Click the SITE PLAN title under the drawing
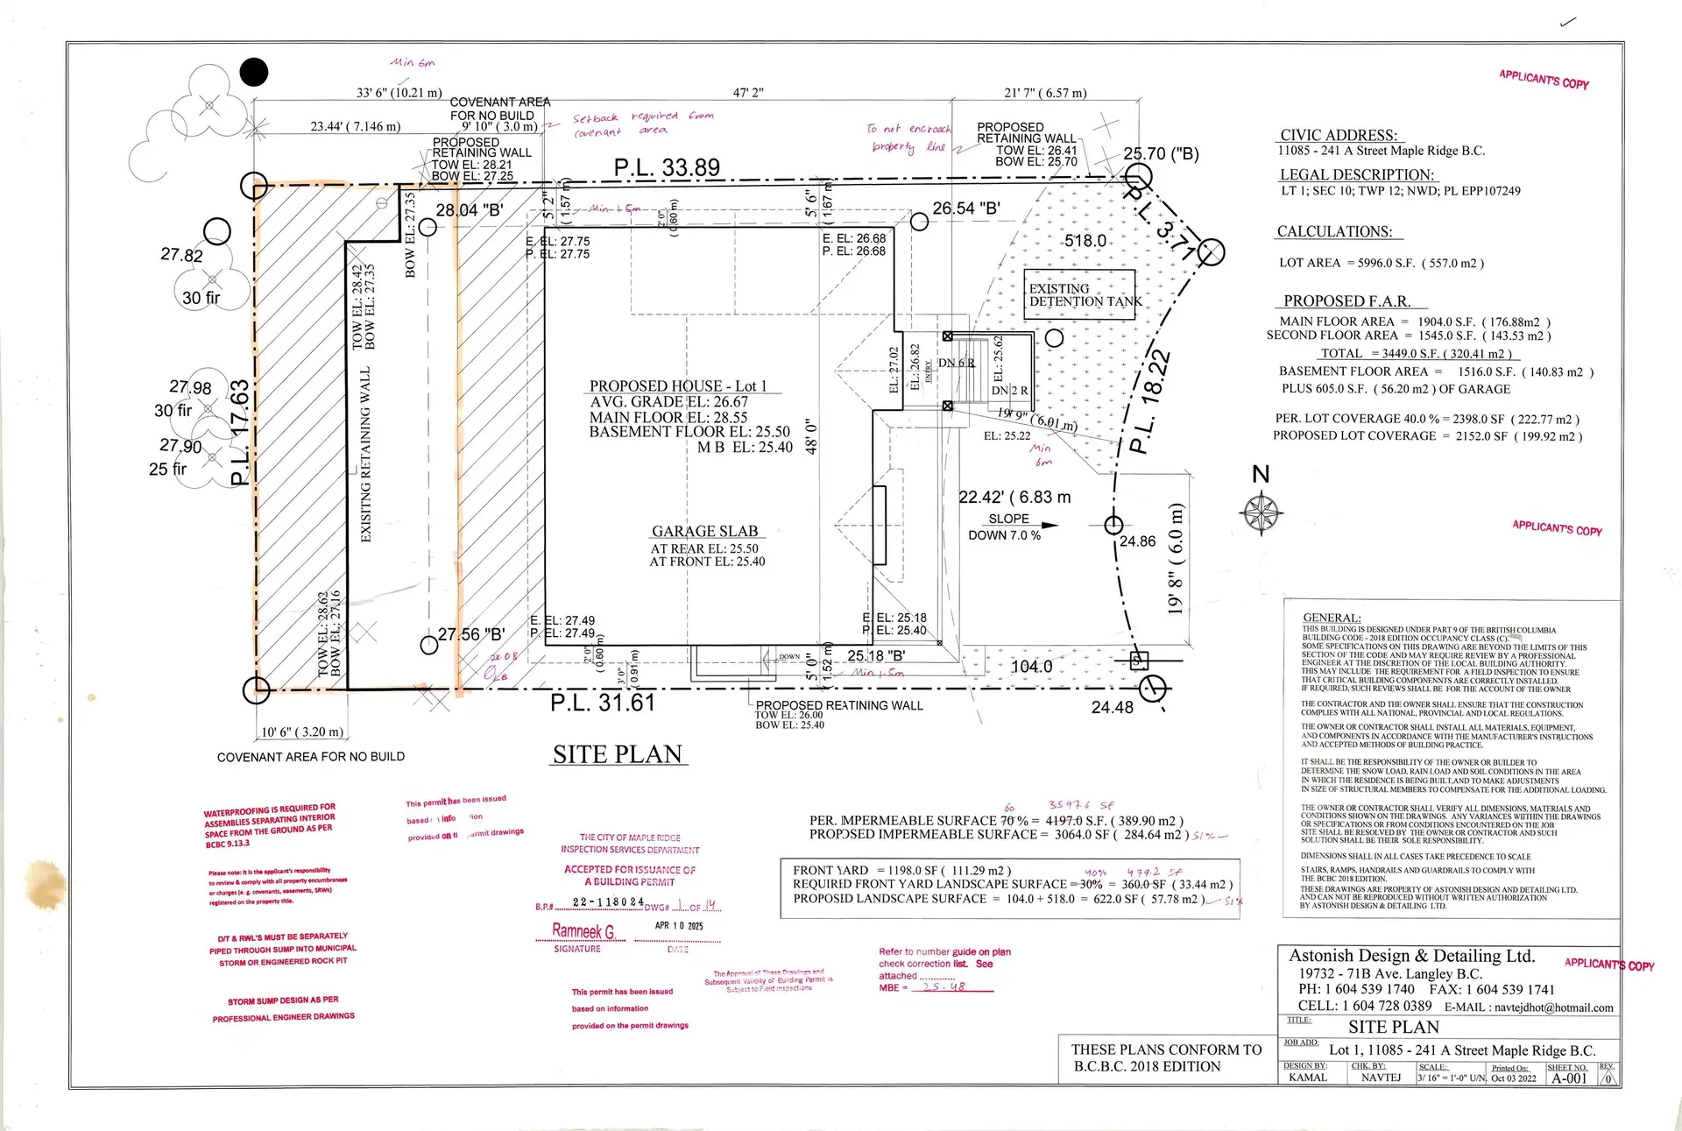click(618, 755)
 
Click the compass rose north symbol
click(1262, 511)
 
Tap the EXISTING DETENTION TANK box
click(1081, 294)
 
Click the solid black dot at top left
click(254, 72)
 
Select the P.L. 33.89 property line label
click(667, 167)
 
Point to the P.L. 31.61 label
click(603, 703)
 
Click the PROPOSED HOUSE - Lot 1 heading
click(678, 386)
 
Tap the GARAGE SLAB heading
click(704, 532)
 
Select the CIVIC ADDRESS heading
click(1339, 136)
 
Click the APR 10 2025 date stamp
click(679, 926)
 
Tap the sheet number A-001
click(1568, 1078)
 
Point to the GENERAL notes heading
click(1332, 618)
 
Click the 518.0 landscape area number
click(1085, 241)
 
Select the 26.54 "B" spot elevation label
click(965, 209)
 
